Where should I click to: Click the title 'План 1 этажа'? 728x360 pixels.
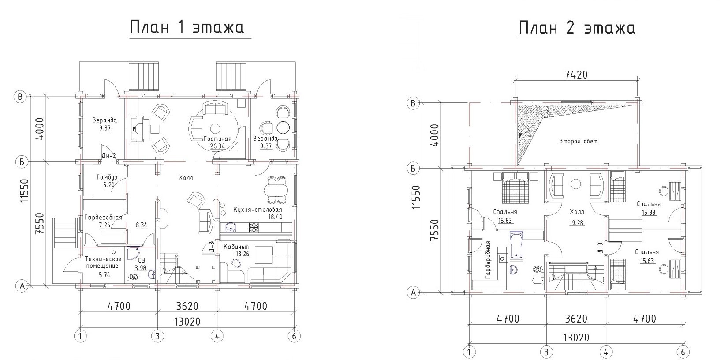pyautogui.click(x=187, y=27)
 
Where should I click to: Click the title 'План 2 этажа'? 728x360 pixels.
pyautogui.click(x=577, y=28)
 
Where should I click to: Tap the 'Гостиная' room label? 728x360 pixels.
pyautogui.click(x=218, y=139)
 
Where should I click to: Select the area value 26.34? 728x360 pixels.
pyautogui.click(x=217, y=146)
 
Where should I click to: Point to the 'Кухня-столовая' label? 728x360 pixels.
pyautogui.click(x=258, y=210)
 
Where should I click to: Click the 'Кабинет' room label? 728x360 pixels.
pyautogui.click(x=236, y=247)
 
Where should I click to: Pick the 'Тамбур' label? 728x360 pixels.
pyautogui.click(x=107, y=177)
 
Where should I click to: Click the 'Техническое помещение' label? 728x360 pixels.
pyautogui.click(x=103, y=262)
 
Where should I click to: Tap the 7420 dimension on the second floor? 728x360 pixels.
pyautogui.click(x=576, y=75)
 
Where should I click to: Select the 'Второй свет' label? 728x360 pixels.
pyautogui.click(x=578, y=141)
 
